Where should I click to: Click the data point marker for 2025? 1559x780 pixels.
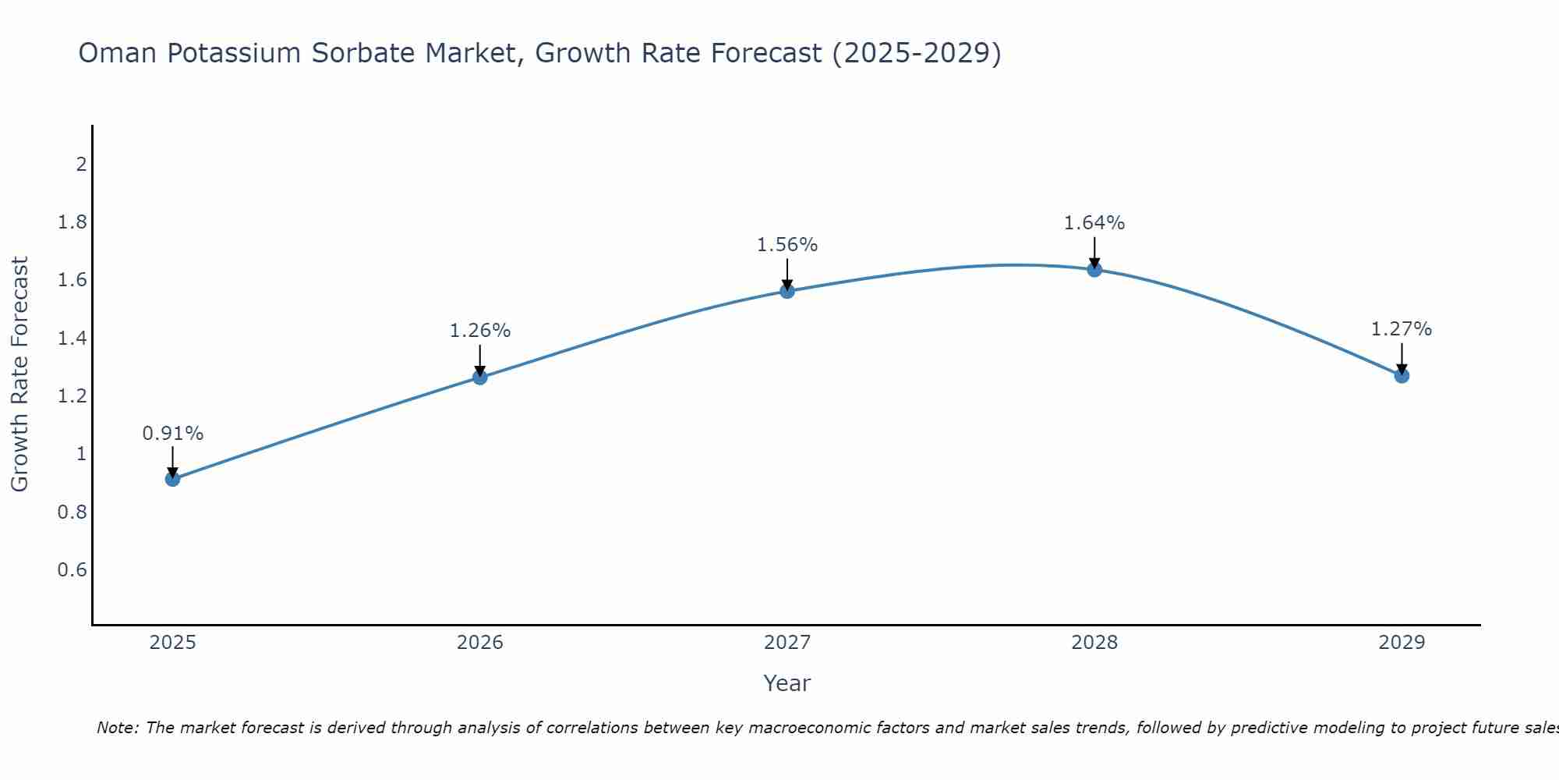tap(173, 479)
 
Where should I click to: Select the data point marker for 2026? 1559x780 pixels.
tap(480, 378)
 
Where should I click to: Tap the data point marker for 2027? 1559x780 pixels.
tap(787, 291)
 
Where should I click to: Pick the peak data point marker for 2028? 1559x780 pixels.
tap(1094, 270)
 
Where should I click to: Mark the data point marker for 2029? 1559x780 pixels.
tap(1402, 376)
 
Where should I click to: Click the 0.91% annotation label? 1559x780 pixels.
tap(173, 434)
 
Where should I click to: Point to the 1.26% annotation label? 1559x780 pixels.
tap(480, 331)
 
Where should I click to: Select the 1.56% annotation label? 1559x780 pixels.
tap(787, 245)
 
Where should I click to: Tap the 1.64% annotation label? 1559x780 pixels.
tap(1094, 223)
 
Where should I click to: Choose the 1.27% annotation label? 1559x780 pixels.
tap(1402, 329)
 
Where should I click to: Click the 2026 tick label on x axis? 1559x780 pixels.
tap(480, 643)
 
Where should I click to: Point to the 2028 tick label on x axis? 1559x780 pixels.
tap(1094, 643)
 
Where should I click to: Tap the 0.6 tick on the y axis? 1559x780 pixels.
tap(72, 570)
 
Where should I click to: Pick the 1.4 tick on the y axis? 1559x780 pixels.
tap(72, 339)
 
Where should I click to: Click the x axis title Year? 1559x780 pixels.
tap(787, 683)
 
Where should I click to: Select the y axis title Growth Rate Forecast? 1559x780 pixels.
tap(19, 374)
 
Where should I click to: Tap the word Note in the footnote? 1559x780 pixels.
tap(117, 728)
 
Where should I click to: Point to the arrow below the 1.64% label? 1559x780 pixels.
tap(1094, 251)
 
